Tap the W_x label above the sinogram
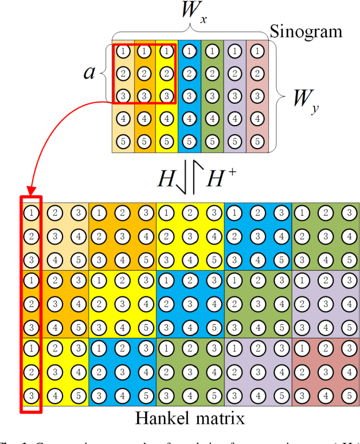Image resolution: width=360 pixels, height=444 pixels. tap(192, 11)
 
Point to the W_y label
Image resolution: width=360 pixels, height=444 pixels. tap(304, 103)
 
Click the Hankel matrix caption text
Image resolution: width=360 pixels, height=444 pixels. tap(189, 418)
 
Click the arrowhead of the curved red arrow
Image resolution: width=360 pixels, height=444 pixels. tap(31, 190)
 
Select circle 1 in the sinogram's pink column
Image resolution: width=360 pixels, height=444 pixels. tap(257, 51)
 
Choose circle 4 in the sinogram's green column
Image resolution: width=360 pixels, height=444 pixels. tap(212, 119)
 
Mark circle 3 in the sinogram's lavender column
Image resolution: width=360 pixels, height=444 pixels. tap(234, 96)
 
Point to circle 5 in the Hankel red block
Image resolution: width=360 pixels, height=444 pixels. tap(347, 395)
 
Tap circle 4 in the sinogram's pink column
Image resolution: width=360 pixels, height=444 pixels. tap(257, 119)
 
